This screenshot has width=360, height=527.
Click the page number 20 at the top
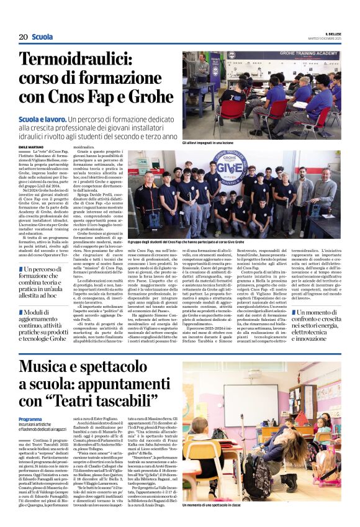pos(23,37)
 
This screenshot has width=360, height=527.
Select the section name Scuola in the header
pos(42,37)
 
